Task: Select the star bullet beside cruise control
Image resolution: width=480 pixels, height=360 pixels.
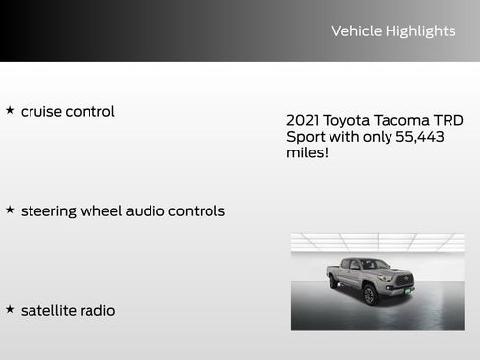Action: click(x=10, y=111)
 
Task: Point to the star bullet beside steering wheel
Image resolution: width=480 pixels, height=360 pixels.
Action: click(x=10, y=210)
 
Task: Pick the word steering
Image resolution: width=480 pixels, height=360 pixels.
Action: click(x=52, y=211)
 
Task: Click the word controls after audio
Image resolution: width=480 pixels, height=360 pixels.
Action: click(x=199, y=211)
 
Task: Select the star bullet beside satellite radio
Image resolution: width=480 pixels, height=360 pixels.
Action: click(x=10, y=310)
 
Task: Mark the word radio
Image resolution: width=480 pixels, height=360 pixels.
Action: click(x=98, y=311)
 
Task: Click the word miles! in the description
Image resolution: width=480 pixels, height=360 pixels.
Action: click(x=307, y=153)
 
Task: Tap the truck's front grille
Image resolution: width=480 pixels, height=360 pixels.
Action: click(x=403, y=282)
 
